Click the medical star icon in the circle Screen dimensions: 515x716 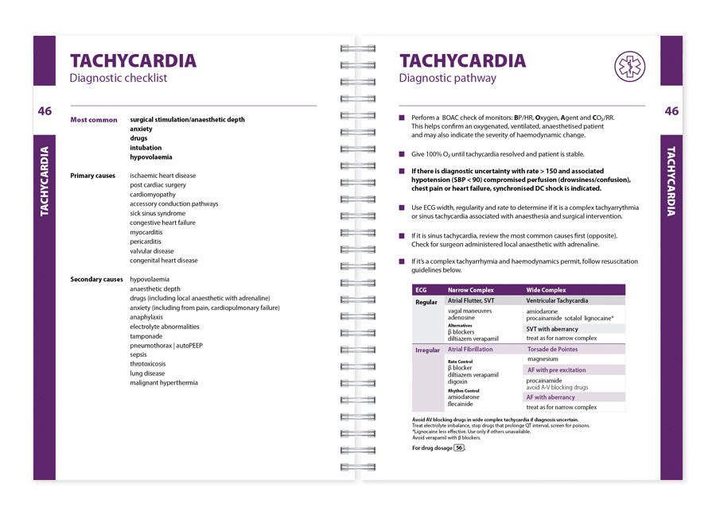pos(629,66)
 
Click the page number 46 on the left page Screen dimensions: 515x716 pos(45,111)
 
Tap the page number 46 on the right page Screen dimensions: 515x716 pos(671,111)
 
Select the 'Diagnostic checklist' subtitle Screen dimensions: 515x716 pos(119,78)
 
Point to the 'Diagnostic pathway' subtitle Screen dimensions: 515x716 pos(447,78)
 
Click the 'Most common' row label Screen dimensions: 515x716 pos(94,120)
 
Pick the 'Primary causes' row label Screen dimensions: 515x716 pos(92,176)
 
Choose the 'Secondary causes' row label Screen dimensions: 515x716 pos(96,280)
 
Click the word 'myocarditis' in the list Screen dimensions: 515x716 pos(150,232)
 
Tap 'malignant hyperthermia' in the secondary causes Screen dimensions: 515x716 pos(164,383)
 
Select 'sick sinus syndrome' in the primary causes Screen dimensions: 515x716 pos(158,214)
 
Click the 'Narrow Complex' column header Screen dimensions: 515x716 pos(471,290)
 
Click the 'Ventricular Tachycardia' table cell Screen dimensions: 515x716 pos(557,301)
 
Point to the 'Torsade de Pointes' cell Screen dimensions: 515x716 pos(552,350)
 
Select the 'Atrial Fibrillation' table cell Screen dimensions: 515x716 pos(470,350)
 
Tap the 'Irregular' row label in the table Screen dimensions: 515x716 pos(428,350)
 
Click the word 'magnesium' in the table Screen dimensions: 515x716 pos(542,359)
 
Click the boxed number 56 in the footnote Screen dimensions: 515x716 pos(458,448)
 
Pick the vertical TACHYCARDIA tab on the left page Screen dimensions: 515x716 pos(44,180)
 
